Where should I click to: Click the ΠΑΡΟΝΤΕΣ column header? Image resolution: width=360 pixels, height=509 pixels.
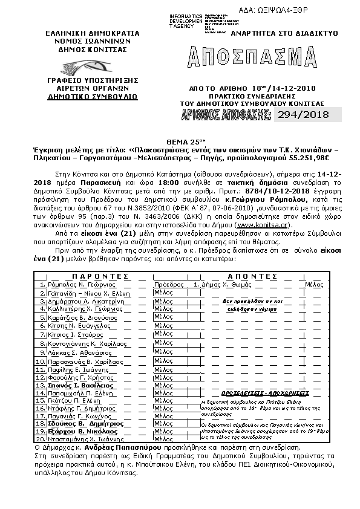click(x=91, y=275)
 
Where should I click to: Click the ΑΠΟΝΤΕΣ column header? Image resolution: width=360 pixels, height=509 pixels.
click(x=258, y=275)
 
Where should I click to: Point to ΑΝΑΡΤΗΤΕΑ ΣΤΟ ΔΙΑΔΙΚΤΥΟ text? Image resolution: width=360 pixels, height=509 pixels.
click(x=288, y=34)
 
